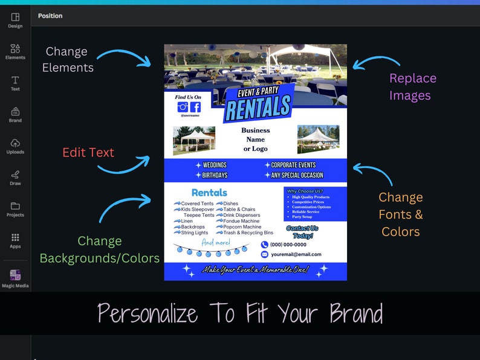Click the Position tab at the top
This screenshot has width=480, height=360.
coord(50,16)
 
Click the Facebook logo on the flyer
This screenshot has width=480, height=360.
coord(195,107)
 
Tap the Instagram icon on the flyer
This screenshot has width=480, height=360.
coord(182,107)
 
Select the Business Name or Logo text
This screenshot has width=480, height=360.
coord(256,140)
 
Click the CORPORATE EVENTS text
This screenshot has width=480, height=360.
coord(293,165)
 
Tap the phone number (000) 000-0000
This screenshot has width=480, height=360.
coord(288,245)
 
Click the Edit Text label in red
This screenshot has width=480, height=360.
coord(88,153)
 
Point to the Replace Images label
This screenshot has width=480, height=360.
coord(413,86)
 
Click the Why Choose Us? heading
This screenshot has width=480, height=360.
coord(305,191)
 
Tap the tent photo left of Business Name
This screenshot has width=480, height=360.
coord(193,140)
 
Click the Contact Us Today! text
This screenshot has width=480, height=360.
coord(302,232)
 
